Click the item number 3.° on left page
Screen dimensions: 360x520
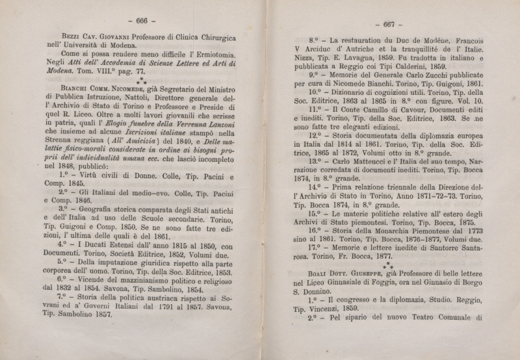click(66, 209)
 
